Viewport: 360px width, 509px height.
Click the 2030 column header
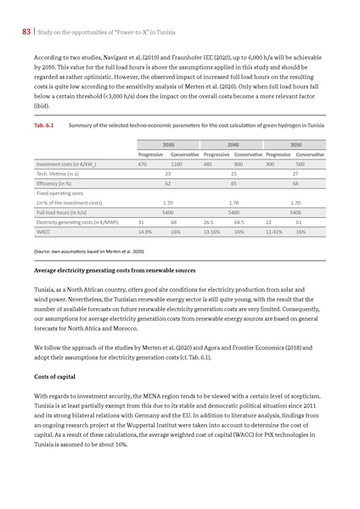coord(168,144)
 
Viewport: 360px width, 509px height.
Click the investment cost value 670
coord(143,164)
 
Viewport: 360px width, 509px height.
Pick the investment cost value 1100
coord(177,164)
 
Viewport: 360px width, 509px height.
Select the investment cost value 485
coord(208,164)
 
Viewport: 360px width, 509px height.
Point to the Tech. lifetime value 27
coord(295,173)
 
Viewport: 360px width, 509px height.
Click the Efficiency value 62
coord(168,183)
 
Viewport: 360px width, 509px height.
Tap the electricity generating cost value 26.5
coord(209,221)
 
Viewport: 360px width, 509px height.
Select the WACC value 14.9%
coord(144,231)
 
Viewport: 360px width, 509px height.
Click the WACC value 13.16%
coord(211,231)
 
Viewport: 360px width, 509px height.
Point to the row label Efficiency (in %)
coord(53,183)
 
